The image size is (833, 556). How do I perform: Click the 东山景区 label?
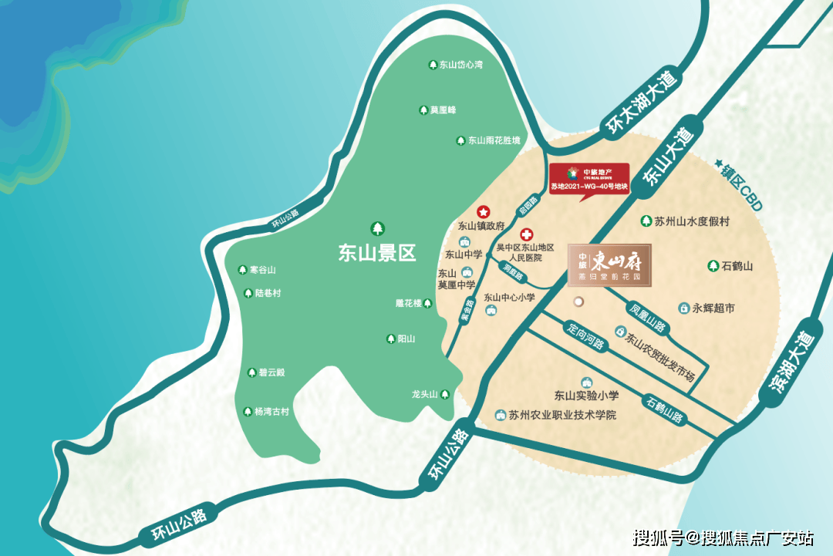tap(377, 253)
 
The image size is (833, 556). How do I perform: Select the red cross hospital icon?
tap(527, 234)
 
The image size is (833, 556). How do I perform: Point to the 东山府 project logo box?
tap(609, 265)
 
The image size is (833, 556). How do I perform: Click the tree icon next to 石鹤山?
tap(713, 266)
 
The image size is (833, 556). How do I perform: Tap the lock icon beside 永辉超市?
tap(683, 308)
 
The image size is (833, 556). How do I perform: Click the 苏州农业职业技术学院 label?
tap(562, 415)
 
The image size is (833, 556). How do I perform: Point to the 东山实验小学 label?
tap(587, 396)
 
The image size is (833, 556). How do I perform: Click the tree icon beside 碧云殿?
tap(251, 372)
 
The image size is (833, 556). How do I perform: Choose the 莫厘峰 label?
tap(443, 110)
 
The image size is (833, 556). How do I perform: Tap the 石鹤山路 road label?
tap(665, 409)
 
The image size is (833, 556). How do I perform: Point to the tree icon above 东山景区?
tap(378, 228)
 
